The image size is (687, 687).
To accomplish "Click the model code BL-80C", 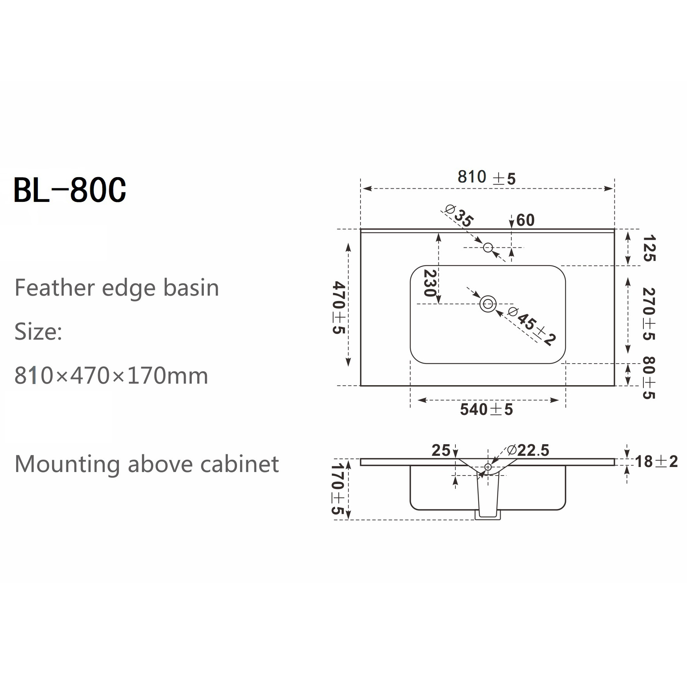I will click(70, 190).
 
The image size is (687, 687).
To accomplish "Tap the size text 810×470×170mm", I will click(111, 376).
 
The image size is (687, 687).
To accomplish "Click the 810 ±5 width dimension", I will click(486, 178).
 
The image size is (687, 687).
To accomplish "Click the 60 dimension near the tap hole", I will click(525, 220).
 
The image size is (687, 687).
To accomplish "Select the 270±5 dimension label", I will click(649, 314).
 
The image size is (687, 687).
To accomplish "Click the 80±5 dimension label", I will click(649, 377).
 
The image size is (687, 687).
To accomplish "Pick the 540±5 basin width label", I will click(486, 409).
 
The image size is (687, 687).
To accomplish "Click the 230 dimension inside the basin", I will click(430, 283).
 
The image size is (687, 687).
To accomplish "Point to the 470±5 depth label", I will click(338, 307).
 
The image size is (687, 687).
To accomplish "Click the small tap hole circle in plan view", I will click(488, 247).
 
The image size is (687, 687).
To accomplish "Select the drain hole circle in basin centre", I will click(488, 304).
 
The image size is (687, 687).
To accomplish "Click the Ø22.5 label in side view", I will click(528, 450).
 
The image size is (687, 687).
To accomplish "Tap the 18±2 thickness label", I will click(656, 462).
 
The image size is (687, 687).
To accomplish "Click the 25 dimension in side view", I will click(441, 450).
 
